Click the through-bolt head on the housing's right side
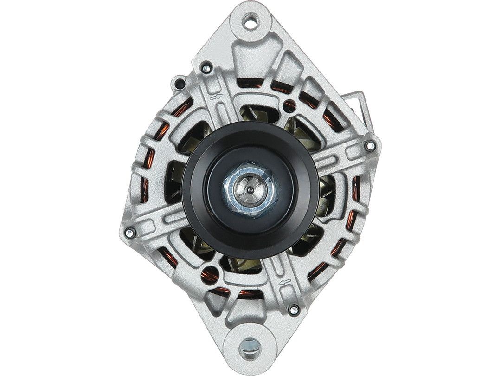[x=370, y=146]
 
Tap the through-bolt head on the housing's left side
[x=129, y=232]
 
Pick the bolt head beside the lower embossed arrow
[x=293, y=308]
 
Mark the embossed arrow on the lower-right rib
[x=284, y=282]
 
